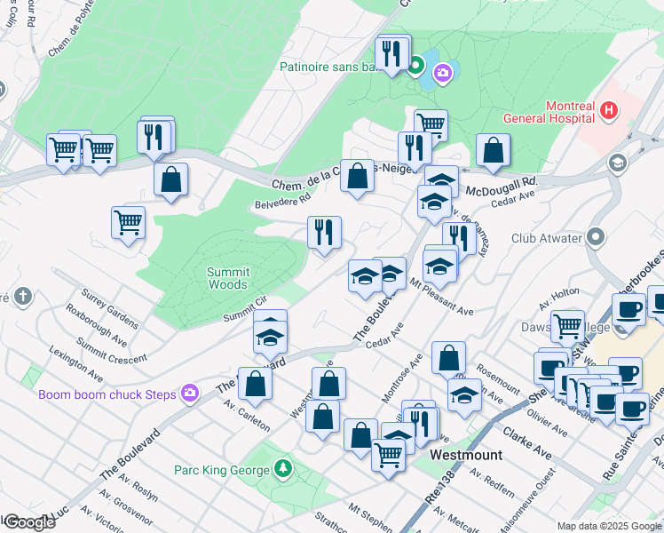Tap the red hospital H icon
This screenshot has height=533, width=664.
[x=609, y=111]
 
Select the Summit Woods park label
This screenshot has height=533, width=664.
[x=228, y=278]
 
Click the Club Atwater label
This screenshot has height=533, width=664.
[x=544, y=238]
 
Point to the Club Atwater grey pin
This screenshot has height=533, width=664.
[x=595, y=237]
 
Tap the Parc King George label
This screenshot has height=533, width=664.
[x=223, y=468]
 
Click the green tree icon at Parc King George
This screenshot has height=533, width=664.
[x=282, y=467]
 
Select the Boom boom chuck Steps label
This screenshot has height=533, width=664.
[x=107, y=394]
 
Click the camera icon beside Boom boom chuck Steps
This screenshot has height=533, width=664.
[x=190, y=393]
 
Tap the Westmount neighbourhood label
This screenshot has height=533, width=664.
[x=466, y=455]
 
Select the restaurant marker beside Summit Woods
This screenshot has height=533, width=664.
[x=324, y=233]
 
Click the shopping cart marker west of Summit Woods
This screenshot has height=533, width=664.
[x=128, y=222]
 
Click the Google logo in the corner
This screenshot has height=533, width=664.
[x=28, y=521]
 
